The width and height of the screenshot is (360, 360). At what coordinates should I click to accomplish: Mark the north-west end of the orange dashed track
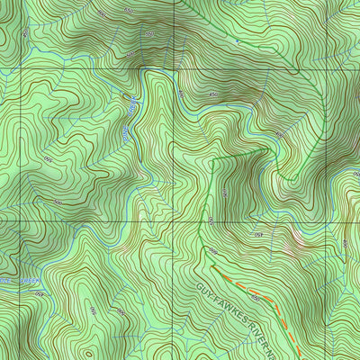coord(214,267)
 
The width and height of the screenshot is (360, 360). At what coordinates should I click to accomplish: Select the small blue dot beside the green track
coord(237,41)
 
